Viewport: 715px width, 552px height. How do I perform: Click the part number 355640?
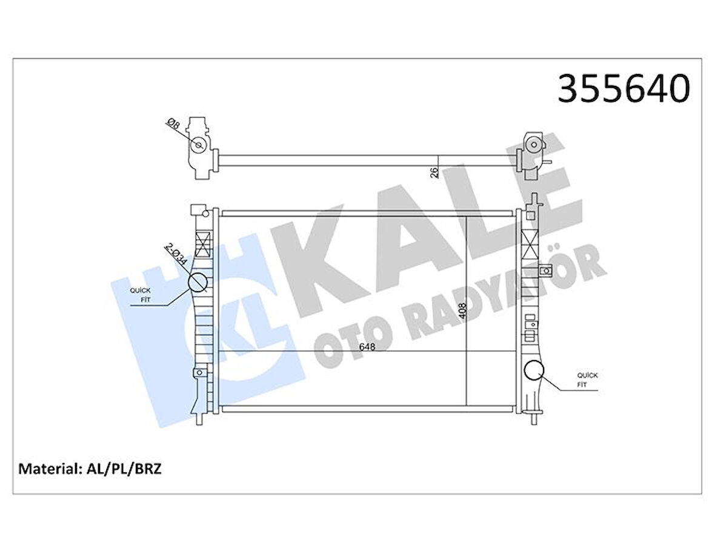coord(623,88)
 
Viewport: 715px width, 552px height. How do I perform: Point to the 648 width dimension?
coord(366,347)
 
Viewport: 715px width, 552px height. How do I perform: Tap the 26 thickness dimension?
coord(434,171)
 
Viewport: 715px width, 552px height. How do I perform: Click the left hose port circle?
coord(198,282)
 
